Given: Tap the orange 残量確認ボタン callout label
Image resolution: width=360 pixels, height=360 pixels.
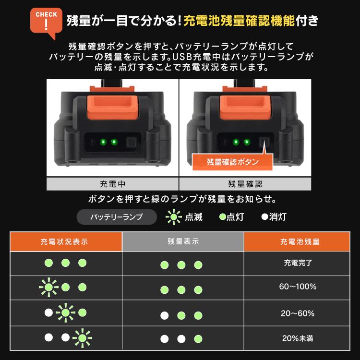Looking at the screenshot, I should (232, 162).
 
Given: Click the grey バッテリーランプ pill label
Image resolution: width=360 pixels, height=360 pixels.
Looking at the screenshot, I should (117, 217).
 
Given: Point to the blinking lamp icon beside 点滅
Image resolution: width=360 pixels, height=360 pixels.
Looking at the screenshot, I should (173, 217).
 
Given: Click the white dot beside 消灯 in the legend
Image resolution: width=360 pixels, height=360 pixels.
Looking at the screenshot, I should (264, 217).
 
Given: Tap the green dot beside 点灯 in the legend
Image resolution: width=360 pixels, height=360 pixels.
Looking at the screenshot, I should (222, 217).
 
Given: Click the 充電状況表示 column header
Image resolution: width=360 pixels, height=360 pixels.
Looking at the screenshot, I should (66, 241).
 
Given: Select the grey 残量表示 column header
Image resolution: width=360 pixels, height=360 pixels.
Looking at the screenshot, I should (183, 241).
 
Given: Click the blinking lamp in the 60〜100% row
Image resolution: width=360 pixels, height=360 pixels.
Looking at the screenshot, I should (48, 287).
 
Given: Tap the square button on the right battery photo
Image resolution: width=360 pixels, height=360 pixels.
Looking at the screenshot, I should (263, 142).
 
